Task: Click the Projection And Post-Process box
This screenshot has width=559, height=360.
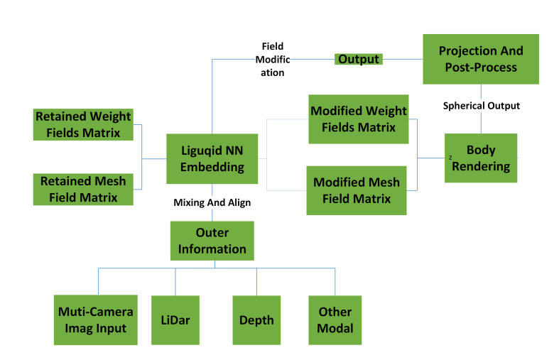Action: [481, 59]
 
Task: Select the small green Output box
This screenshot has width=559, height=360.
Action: [358, 59]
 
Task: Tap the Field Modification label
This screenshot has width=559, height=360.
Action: [273, 60]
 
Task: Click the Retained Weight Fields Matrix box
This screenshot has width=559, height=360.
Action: [83, 124]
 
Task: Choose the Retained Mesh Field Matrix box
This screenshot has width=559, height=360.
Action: [83, 190]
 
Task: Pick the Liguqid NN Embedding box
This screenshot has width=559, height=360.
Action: [212, 158]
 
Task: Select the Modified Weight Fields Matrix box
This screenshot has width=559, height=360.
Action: [358, 119]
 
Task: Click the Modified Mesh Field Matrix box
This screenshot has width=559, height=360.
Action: [357, 190]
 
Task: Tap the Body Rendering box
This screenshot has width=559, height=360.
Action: [481, 158]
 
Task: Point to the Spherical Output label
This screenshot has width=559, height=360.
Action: [482, 106]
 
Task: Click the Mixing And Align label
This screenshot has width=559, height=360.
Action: [212, 202]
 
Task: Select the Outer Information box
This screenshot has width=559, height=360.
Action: [212, 241]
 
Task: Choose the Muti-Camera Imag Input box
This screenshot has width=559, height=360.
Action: [96, 320]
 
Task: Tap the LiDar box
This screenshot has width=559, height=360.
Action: [175, 320]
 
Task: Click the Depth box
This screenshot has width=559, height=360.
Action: [256, 320]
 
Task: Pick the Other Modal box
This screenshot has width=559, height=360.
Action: [335, 320]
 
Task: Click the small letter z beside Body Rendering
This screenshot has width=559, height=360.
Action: [450, 157]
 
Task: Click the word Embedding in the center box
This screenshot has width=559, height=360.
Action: [212, 167]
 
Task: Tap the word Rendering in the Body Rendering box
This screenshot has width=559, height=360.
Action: [481, 166]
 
